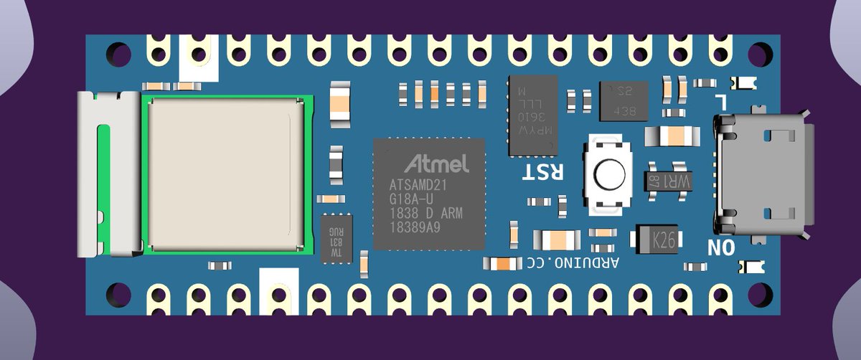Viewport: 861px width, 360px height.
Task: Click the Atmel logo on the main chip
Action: point(437,163)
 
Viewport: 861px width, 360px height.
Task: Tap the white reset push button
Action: point(608,174)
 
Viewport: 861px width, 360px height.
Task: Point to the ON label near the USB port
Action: point(721,248)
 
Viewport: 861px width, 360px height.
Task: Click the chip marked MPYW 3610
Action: point(533,115)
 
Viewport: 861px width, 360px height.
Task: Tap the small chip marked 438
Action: point(624,101)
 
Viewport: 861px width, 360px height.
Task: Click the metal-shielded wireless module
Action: point(225,174)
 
